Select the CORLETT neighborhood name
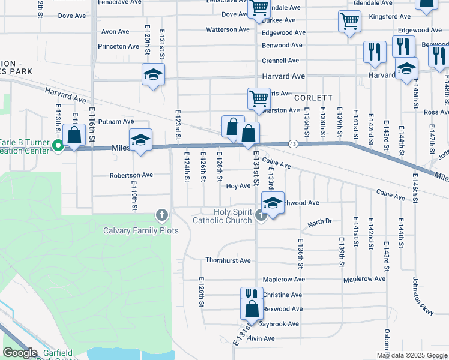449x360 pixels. point(313,97)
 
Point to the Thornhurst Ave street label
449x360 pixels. point(228,260)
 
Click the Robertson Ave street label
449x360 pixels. point(131,175)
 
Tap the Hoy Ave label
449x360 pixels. point(238,186)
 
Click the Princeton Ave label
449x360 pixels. point(120,46)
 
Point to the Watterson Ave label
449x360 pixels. point(228,29)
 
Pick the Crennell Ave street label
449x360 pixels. point(280,61)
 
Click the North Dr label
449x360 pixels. point(319,223)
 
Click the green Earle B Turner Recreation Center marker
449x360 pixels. point(58,145)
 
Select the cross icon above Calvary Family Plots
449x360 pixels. point(161,214)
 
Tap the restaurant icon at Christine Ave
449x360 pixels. point(252,295)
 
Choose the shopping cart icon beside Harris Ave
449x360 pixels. point(259,98)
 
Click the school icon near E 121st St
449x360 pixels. point(153,74)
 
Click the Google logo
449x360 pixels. point(20,353)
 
